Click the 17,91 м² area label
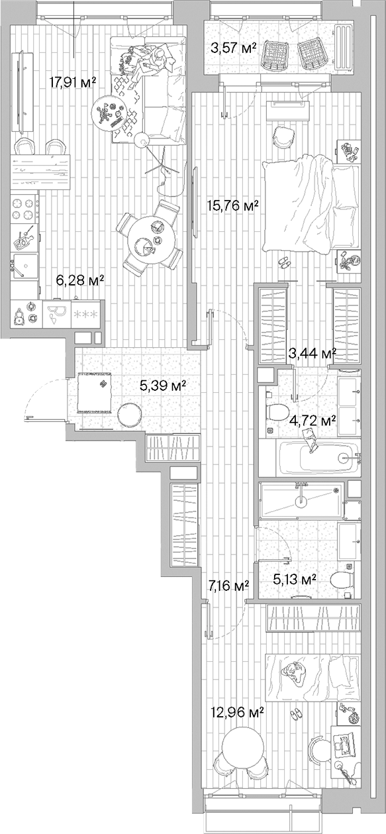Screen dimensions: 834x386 pyautogui.click(x=73, y=82)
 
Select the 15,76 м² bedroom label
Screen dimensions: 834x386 pyautogui.click(x=232, y=205)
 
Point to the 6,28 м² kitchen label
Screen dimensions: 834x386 pyautogui.click(x=80, y=281)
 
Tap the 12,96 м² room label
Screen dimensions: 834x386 pyautogui.click(x=234, y=712)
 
